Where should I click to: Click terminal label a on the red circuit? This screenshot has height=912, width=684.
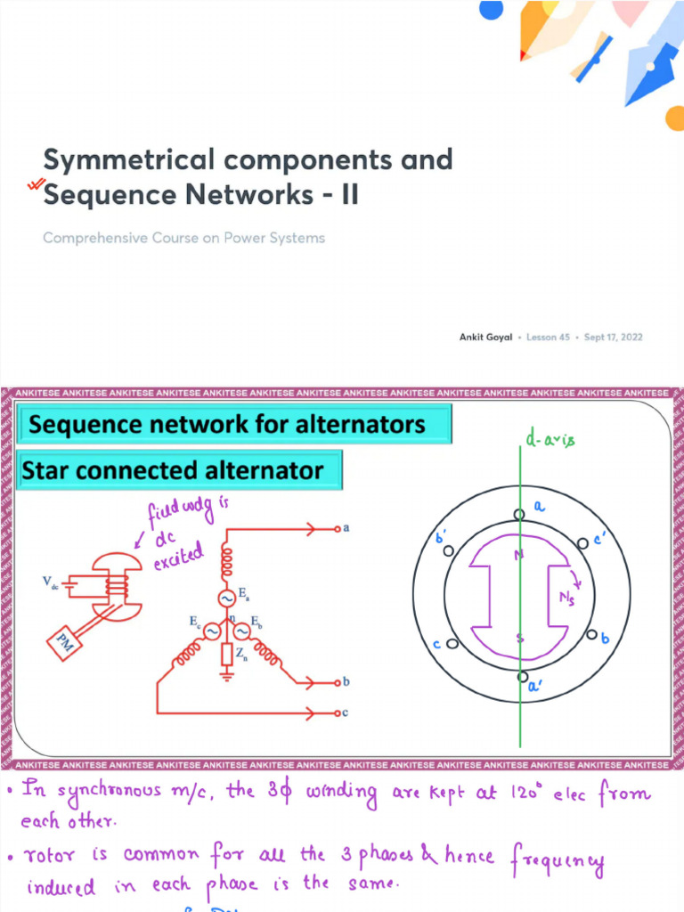[x=346, y=528]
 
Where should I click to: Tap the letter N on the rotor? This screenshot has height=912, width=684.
[x=518, y=556]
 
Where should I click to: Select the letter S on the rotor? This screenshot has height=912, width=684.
[x=519, y=637]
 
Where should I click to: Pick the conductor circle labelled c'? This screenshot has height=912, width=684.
[x=582, y=541]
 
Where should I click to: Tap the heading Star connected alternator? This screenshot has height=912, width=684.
[x=172, y=469]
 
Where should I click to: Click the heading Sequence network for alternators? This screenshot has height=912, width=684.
[x=227, y=424]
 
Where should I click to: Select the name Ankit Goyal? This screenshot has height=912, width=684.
[x=485, y=338]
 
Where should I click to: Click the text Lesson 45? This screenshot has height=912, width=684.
[x=548, y=338]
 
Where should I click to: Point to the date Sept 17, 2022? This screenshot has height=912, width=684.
[x=613, y=338]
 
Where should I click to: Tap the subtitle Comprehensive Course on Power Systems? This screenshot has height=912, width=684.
[x=183, y=238]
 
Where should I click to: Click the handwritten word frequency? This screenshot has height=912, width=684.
[x=557, y=860]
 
